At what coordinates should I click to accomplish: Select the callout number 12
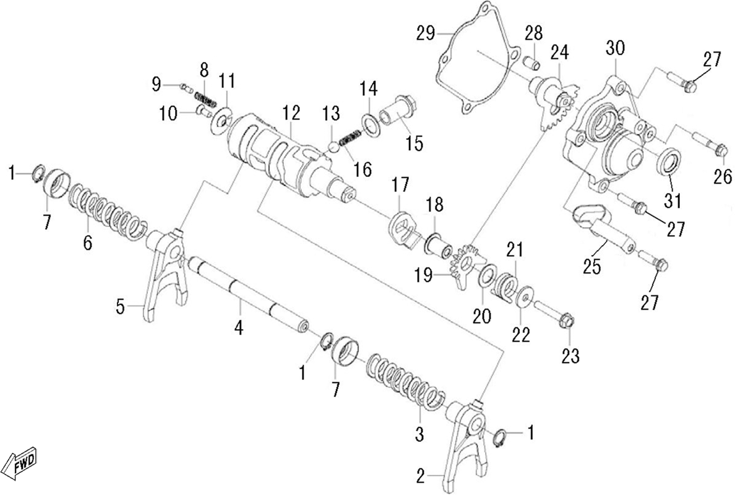[291, 113]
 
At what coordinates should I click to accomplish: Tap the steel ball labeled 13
[333, 147]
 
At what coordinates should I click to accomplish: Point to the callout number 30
[616, 48]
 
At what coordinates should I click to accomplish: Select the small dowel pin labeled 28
[532, 61]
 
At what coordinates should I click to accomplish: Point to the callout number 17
[401, 184]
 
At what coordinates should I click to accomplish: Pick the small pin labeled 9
[186, 86]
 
